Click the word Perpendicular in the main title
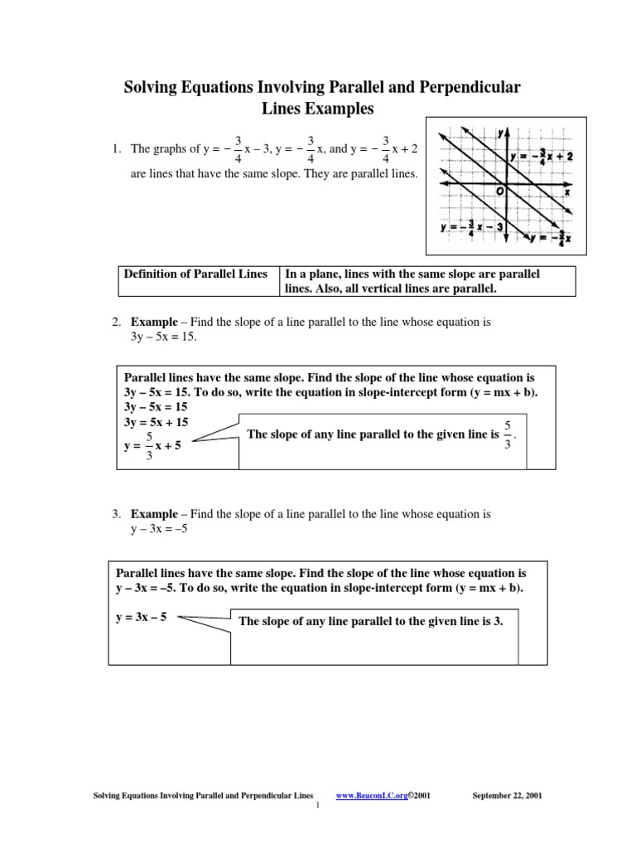click(463, 87)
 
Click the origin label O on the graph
click(499, 192)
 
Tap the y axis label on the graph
click(501, 133)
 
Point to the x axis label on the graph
click(567, 192)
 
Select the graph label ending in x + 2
click(542, 156)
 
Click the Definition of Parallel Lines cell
click(195, 274)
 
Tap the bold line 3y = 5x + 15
click(156, 422)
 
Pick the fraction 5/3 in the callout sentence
click(507, 434)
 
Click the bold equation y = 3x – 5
click(141, 618)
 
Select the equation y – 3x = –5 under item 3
click(160, 530)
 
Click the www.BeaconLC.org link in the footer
click(373, 796)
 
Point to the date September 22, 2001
click(507, 796)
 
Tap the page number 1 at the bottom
click(318, 807)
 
